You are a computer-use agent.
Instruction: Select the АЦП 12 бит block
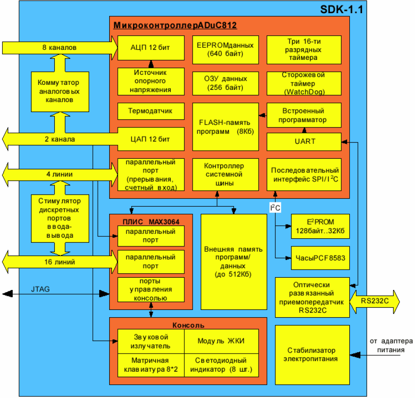point(150,47)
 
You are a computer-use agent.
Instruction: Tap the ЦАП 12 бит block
point(150,139)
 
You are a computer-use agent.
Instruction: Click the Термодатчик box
point(150,111)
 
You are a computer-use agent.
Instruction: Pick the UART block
point(304,142)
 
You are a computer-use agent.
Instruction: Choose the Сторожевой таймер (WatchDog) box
point(304,83)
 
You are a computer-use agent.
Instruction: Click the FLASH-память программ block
point(225,127)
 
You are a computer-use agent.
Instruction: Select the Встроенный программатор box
point(304,115)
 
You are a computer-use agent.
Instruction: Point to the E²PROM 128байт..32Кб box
point(320,226)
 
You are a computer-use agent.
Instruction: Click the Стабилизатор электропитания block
point(312,354)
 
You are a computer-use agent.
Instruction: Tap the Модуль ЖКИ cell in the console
point(221,341)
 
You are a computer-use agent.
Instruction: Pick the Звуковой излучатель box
point(150,341)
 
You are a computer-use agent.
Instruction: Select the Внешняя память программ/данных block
point(234,261)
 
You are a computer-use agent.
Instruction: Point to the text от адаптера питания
point(390,345)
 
